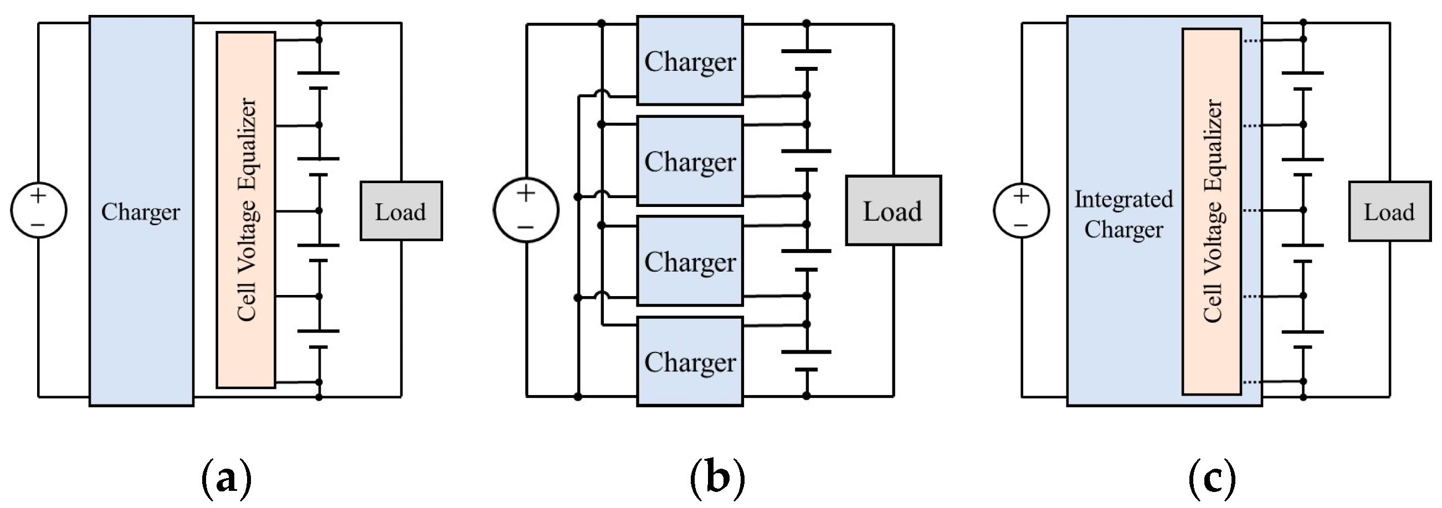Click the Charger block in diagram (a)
[x=141, y=211]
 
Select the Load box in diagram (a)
[x=401, y=211]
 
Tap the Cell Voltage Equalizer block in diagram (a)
[x=246, y=210]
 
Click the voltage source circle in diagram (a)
[x=39, y=210]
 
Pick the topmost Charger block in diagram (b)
[x=690, y=60]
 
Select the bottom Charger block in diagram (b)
[x=690, y=361]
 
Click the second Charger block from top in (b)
[x=690, y=161]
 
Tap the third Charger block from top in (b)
[x=690, y=261]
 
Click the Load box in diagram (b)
[x=893, y=210]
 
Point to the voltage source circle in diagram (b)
[x=526, y=210]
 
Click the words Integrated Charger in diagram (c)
[x=1123, y=214]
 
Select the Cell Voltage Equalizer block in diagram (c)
[x=1212, y=211]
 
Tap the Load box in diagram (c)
[x=1389, y=211]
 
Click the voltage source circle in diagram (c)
[x=1022, y=211]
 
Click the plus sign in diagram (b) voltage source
[x=526, y=193]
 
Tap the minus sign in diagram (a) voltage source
[x=38, y=225]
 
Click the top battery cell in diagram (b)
[x=806, y=60]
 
